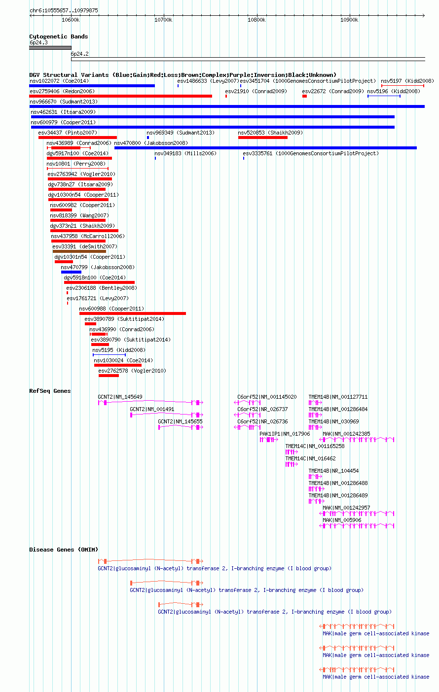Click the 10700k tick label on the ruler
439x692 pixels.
click(163, 20)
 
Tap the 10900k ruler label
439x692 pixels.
click(349, 20)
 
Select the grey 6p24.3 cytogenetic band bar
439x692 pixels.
click(50, 48)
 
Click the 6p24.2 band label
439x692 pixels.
click(80, 54)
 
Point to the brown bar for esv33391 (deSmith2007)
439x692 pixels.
click(79, 251)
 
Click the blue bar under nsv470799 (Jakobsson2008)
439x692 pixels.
click(71, 272)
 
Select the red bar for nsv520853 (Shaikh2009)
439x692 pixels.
click(263, 138)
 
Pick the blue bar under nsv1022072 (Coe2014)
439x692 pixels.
click(92, 86)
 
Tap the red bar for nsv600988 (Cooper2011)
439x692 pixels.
click(133, 313)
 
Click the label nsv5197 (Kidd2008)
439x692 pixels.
click(407, 81)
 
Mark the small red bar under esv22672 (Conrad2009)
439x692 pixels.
click(304, 97)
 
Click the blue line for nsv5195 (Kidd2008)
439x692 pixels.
click(109, 355)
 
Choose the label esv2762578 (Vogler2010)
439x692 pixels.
click(132, 371)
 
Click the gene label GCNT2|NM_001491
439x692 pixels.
click(152, 409)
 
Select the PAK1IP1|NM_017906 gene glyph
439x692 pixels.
click(269, 440)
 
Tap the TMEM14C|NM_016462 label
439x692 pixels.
click(310, 458)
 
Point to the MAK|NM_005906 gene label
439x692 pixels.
click(342, 520)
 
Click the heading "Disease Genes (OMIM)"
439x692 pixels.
click(64, 550)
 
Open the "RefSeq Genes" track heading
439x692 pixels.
click(50, 391)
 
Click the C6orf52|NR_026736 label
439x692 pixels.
click(262, 422)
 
